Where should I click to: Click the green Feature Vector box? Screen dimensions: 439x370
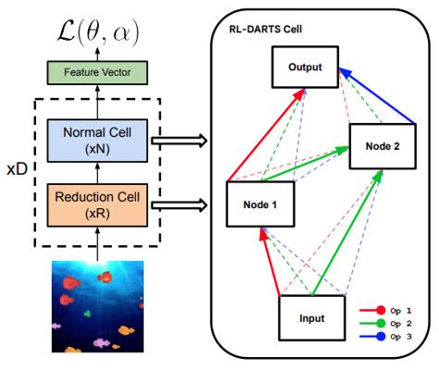tap(97, 72)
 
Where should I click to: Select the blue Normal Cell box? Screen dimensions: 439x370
tap(97, 141)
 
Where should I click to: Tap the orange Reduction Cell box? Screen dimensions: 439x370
tap(97, 205)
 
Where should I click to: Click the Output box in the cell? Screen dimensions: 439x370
tap(305, 67)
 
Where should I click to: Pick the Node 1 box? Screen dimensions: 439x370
tap(260, 204)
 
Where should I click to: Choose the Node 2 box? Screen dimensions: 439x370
tap(383, 146)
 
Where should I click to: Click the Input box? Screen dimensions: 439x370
tap(312, 318)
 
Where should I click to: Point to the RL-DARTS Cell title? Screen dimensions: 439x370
tap(266, 30)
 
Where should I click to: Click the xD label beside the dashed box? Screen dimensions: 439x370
tap(18, 169)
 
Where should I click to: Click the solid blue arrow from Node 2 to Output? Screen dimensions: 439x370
tap(377, 96)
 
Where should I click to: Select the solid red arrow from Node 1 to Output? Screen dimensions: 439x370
tap(267, 135)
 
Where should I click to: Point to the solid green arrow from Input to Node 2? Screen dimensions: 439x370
tap(347, 232)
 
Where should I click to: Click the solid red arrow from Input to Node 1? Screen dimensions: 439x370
tap(270, 262)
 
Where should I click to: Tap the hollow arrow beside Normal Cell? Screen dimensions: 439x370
tap(179, 141)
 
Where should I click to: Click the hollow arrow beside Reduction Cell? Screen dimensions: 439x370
tap(179, 205)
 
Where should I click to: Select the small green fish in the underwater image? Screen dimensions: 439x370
tap(88, 314)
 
